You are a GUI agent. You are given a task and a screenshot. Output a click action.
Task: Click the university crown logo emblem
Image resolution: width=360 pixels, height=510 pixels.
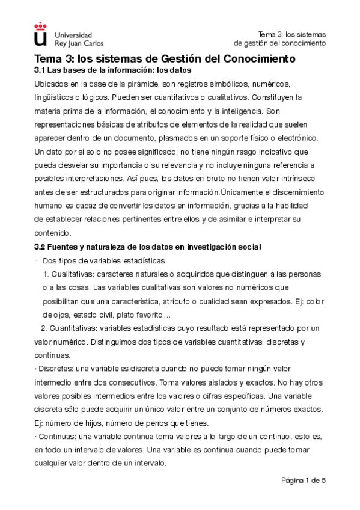tap(40, 34)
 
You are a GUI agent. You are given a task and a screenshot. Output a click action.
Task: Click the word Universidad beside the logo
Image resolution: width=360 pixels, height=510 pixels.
tap(73, 35)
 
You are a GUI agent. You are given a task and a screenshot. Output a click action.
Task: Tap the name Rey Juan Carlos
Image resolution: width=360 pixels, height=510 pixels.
tap(79, 43)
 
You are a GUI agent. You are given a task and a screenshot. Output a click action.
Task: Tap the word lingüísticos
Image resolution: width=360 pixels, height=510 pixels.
tap(53, 97)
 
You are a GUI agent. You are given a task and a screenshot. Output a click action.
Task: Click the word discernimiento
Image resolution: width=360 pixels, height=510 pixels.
tap(293, 192)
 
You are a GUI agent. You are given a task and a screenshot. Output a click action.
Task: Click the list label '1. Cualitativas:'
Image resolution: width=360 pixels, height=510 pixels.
tap(67, 274)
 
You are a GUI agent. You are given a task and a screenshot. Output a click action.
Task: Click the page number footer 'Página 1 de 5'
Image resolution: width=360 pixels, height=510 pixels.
tap(304, 480)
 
